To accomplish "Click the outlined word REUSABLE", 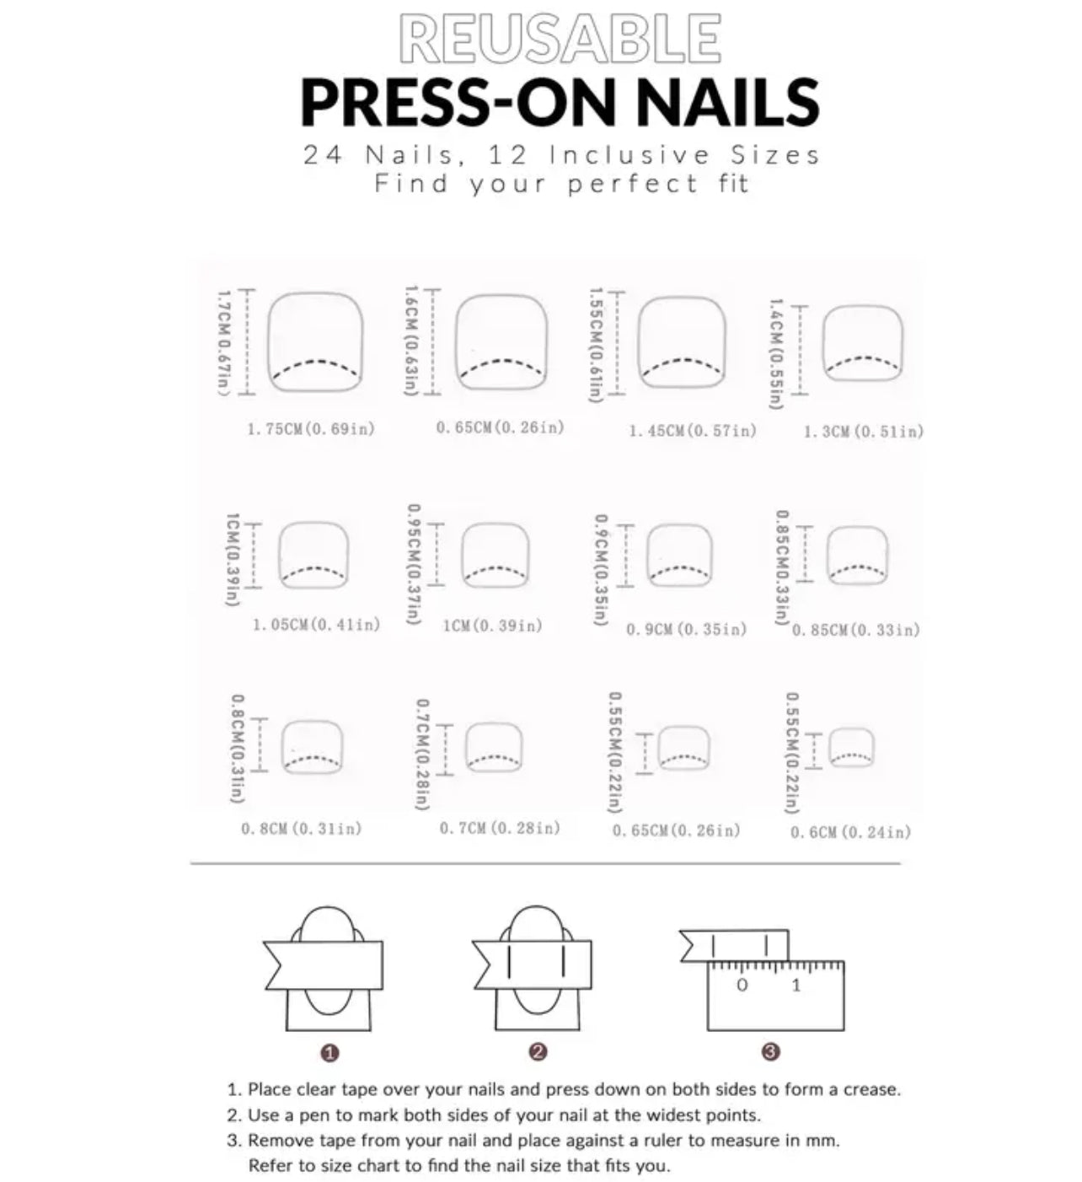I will pos(560,38).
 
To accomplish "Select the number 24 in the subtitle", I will pos(322,156).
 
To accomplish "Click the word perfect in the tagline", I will pos(633,184).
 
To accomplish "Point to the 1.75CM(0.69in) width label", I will pos(311,429).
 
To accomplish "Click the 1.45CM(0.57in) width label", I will pos(693,432).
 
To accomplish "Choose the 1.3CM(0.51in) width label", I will pos(863,432).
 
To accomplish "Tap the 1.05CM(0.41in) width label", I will pos(317,625).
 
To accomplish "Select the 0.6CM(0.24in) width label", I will pos(850,833).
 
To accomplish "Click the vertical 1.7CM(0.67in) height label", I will pos(223,341).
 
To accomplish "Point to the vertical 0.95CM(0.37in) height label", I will pos(414,563).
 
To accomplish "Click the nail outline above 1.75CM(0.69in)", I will pos(315,341).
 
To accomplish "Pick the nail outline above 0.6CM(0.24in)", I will pos(851,747).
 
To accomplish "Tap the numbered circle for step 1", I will pos(330,1052).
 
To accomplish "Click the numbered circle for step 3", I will pos(770,1051).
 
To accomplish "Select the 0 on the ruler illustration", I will pos(742,985).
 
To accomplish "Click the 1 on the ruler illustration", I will pos(796,985).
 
